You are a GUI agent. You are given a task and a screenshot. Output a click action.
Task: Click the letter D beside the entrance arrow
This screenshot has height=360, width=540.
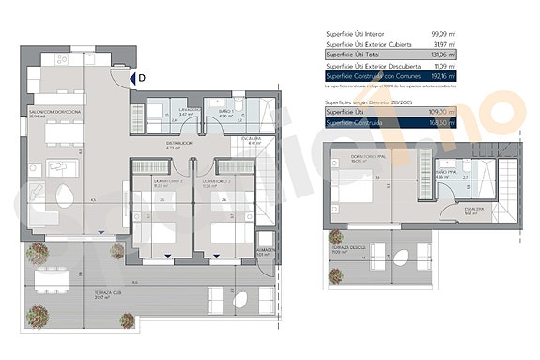(x=141, y=79)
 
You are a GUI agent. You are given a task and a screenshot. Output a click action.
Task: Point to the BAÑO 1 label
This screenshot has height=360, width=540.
(x=225, y=110)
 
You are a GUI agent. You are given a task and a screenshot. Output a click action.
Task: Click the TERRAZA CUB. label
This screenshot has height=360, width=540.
(x=111, y=292)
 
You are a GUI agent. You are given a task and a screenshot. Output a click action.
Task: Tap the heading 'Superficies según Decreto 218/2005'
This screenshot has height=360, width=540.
(x=369, y=100)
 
